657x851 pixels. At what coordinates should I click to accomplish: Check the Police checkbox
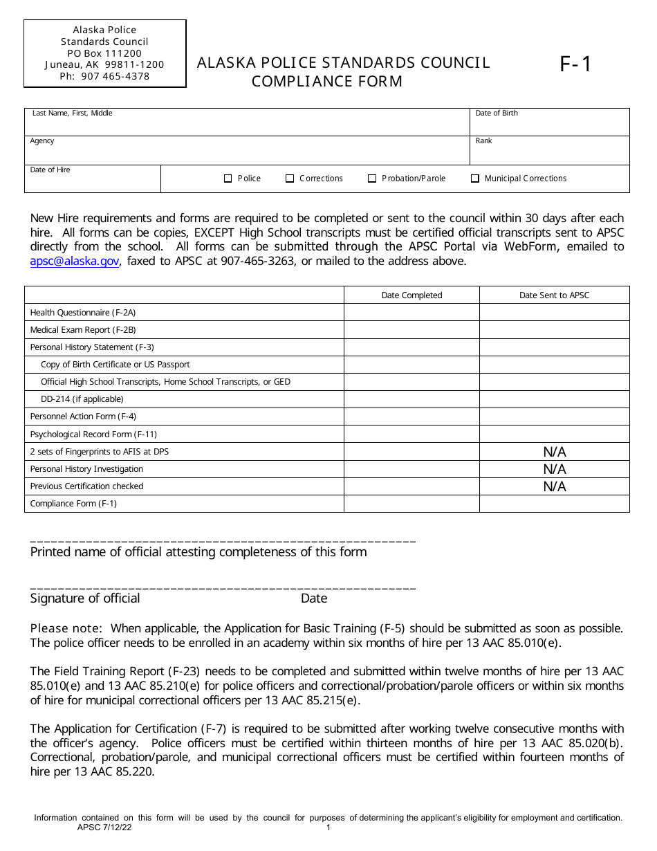(x=228, y=179)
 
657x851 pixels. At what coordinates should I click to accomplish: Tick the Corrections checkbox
(x=290, y=179)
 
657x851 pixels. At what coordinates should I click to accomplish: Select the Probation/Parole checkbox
(x=372, y=179)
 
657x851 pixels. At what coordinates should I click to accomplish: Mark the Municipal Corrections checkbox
(x=475, y=179)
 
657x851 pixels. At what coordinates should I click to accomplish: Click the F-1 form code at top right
(x=575, y=64)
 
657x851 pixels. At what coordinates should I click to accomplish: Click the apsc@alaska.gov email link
(x=75, y=261)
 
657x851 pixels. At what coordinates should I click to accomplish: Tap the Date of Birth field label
(x=496, y=113)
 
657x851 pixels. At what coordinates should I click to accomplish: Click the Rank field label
(x=483, y=141)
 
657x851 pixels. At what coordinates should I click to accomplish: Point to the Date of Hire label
(x=50, y=170)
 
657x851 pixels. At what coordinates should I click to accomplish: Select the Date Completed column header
(x=411, y=295)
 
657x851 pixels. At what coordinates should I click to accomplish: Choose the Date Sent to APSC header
(x=554, y=295)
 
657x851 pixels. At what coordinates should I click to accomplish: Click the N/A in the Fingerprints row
(x=554, y=452)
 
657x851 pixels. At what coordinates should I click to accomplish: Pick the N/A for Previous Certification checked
(x=554, y=486)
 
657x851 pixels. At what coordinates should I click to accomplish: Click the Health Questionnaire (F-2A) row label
(x=82, y=313)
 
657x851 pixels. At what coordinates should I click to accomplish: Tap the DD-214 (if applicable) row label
(x=82, y=399)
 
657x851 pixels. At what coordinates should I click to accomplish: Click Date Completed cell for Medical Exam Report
(x=411, y=330)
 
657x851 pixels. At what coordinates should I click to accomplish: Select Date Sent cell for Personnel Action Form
(x=554, y=417)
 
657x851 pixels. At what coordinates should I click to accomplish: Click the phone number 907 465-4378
(x=104, y=76)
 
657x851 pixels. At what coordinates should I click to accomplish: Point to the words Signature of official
(x=85, y=598)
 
